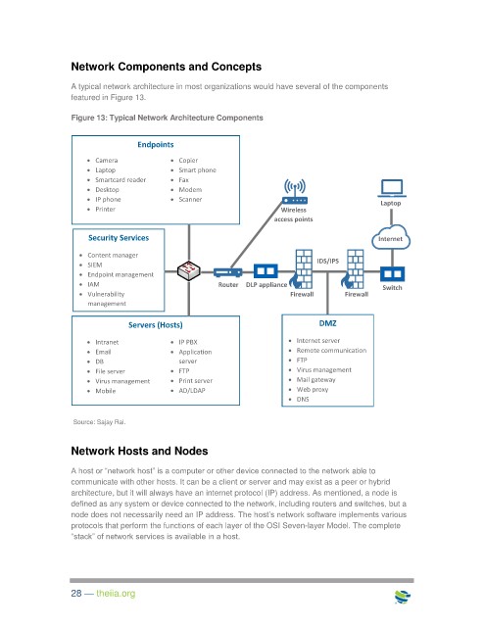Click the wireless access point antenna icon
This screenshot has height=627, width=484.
pyautogui.click(x=295, y=192)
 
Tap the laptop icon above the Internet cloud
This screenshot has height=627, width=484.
pyautogui.click(x=392, y=188)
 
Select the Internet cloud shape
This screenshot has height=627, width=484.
pyautogui.click(x=391, y=237)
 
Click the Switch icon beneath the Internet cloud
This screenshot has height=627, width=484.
pyautogui.click(x=392, y=274)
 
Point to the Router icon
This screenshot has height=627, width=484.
pyautogui.click(x=227, y=272)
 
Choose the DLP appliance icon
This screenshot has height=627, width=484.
pyautogui.click(x=266, y=271)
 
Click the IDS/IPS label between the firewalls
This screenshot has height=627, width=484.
pyautogui.click(x=327, y=262)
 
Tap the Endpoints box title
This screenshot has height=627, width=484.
pyautogui.click(x=156, y=144)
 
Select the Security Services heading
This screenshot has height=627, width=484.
pyautogui.click(x=119, y=238)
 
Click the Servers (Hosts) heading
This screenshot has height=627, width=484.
pyautogui.click(x=155, y=325)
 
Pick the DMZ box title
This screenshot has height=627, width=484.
pyautogui.click(x=327, y=323)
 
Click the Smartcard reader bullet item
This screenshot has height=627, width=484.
pyautogui.click(x=121, y=180)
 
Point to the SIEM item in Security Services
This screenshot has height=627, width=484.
pyautogui.click(x=95, y=265)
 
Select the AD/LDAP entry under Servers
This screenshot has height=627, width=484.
pyautogui.click(x=192, y=390)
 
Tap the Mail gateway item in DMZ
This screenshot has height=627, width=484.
pyautogui.click(x=315, y=379)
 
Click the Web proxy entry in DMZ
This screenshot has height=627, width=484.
pyautogui.click(x=312, y=389)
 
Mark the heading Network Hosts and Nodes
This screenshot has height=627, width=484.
pyautogui.click(x=139, y=451)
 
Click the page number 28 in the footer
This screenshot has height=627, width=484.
pyautogui.click(x=76, y=594)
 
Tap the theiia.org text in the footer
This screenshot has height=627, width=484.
pyautogui.click(x=116, y=594)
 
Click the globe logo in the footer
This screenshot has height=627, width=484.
pyautogui.click(x=403, y=597)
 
